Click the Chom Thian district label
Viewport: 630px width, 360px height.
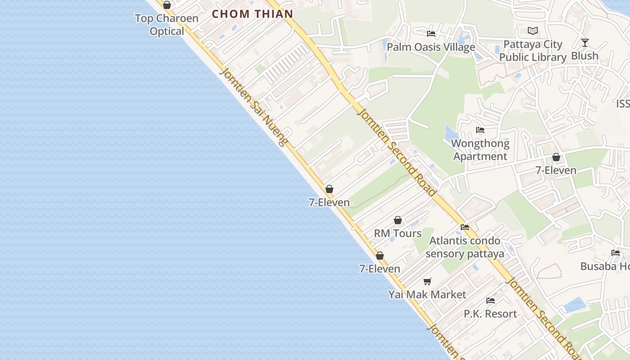252,14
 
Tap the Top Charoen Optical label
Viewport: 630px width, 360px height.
167,25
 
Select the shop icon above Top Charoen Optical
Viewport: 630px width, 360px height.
167,5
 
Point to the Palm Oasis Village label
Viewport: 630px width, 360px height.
431,47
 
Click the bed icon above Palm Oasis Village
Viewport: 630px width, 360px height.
431,34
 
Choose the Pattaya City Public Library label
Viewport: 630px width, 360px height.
533,51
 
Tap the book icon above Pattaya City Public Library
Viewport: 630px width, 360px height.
533,31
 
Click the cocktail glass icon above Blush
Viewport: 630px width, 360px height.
585,43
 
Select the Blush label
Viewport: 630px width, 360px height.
585,56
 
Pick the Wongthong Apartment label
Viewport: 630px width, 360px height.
480,150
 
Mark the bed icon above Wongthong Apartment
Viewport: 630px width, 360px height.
480,130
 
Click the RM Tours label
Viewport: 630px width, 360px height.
398,233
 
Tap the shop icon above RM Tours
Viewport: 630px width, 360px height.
398,220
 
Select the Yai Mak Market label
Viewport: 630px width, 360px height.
427,294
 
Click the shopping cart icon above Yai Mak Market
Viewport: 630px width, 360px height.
427,281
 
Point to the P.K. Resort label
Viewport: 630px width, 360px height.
490,314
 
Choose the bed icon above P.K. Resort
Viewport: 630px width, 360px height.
490,301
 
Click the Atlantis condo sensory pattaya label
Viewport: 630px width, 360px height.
465,247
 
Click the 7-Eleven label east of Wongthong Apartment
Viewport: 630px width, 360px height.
556,170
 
